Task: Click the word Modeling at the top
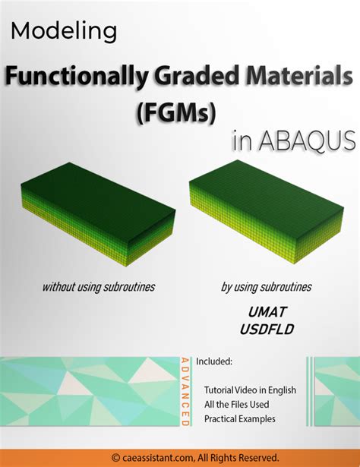65,32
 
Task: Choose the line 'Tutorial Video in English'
250,390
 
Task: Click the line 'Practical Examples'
240,418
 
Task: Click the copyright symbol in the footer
115,457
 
